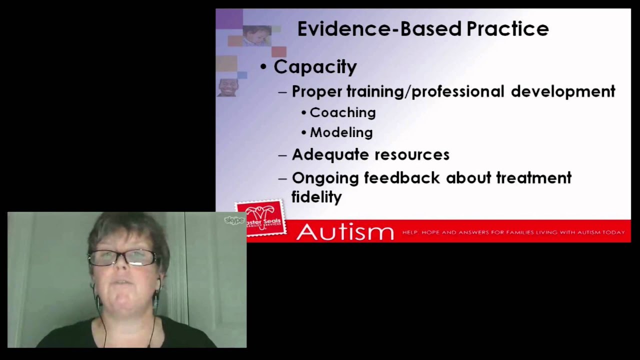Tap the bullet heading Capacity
pyautogui.click(x=315, y=67)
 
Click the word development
pyautogui.click(x=562, y=91)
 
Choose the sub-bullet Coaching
pyautogui.click(x=342, y=112)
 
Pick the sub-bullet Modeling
pyautogui.click(x=341, y=132)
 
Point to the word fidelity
pyautogui.click(x=316, y=196)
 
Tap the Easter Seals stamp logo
pyautogui.click(x=260, y=218)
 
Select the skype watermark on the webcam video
pyautogui.click(x=233, y=220)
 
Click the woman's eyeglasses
pyautogui.click(x=123, y=257)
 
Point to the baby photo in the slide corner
pyautogui.click(x=257, y=35)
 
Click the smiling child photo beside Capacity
pyautogui.click(x=228, y=87)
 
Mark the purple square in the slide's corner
pyautogui.click(x=229, y=19)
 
